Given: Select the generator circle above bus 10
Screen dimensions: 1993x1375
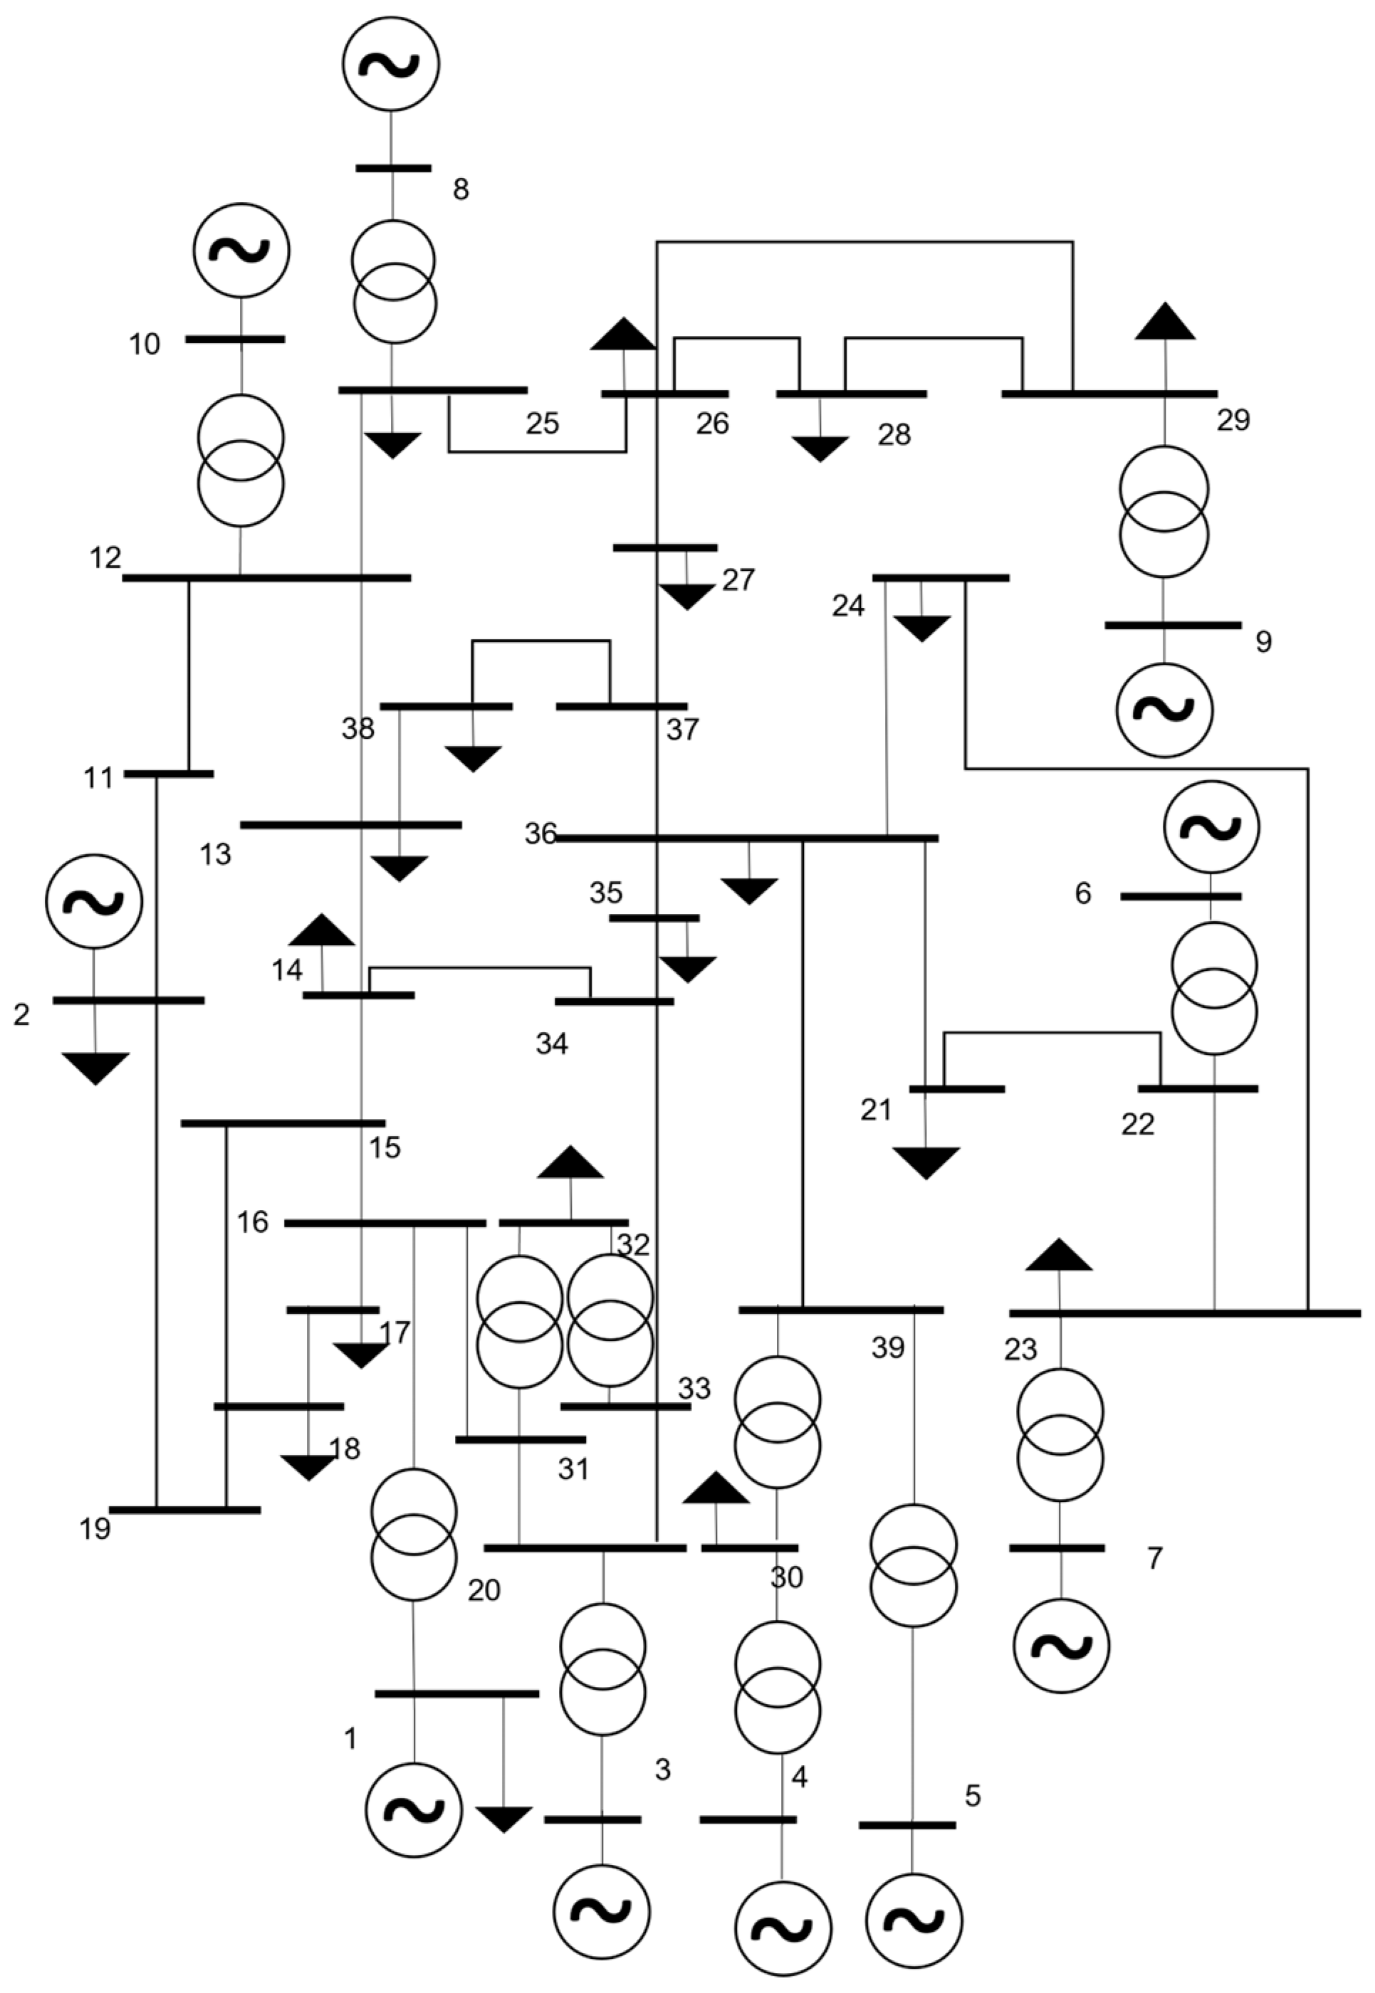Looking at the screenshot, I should click(x=241, y=251).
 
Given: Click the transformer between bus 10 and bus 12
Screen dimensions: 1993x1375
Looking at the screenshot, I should click(x=241, y=461).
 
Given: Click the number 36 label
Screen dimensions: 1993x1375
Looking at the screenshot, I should click(x=541, y=834).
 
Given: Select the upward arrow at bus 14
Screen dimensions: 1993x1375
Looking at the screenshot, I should click(x=321, y=931).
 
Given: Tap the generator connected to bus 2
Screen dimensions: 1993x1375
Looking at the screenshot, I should click(x=94, y=902).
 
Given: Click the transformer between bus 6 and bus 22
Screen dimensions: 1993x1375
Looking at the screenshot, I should click(x=1214, y=989).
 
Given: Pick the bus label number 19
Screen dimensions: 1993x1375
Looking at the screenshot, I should click(x=95, y=1529).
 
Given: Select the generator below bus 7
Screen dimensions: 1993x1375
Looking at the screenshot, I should click(x=1060, y=1646).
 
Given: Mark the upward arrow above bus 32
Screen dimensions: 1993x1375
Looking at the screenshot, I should click(x=570, y=1164).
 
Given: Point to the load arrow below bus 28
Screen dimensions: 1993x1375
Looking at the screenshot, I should click(x=820, y=448).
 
